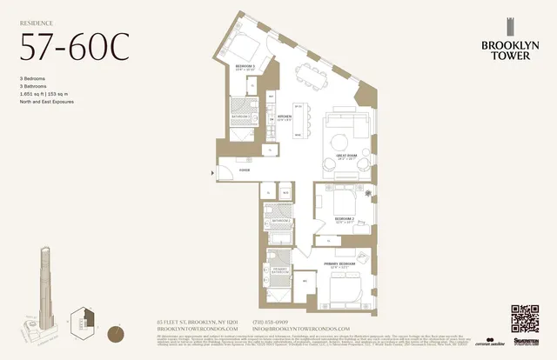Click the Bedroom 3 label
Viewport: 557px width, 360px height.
tap(244, 67)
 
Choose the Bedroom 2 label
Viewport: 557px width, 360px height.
tap(346, 219)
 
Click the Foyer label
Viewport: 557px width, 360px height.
tap(245, 170)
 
